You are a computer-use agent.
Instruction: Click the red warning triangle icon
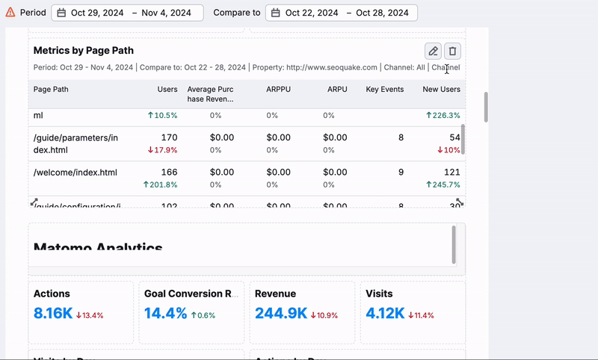click(10, 13)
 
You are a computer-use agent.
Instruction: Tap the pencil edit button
click(433, 51)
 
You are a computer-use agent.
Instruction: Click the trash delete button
click(452, 51)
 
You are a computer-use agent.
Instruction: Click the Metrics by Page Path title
click(84, 51)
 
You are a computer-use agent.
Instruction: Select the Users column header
click(167, 90)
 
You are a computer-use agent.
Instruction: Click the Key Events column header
click(384, 90)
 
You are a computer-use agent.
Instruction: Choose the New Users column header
click(441, 90)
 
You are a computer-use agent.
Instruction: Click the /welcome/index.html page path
click(75, 173)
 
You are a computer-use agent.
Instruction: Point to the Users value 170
click(169, 137)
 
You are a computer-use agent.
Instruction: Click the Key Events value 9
click(401, 173)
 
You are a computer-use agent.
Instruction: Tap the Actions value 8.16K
click(53, 314)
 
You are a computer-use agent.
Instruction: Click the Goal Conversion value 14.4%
click(166, 314)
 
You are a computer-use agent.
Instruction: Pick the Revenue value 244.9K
click(281, 314)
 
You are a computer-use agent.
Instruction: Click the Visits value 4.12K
click(385, 314)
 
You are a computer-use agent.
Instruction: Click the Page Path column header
click(52, 90)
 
